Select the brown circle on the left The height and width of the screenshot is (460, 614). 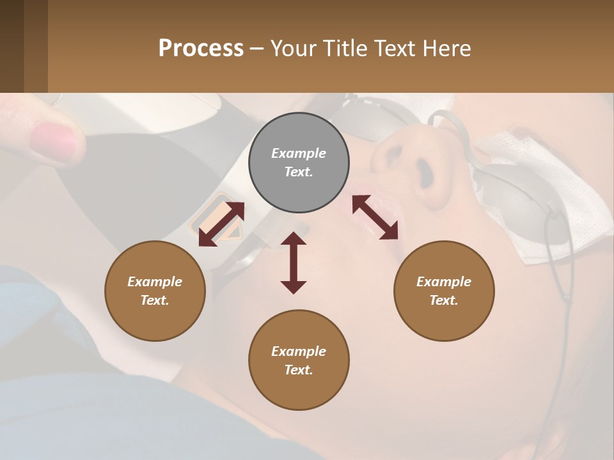click(155, 291)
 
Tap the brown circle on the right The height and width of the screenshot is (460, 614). click(444, 291)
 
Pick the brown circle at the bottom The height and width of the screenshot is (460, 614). click(299, 360)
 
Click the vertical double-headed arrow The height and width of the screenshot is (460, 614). click(294, 263)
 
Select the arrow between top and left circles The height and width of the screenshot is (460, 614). click(221, 224)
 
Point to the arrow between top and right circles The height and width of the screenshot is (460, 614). click(375, 217)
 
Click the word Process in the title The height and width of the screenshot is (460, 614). click(201, 48)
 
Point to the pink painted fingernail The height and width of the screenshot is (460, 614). click(52, 141)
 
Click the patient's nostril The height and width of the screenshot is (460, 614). click(423, 171)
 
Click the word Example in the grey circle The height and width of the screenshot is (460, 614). click(299, 153)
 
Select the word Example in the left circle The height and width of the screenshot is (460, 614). click(155, 282)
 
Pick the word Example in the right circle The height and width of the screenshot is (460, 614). click(444, 282)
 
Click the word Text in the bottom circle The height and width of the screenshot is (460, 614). click(299, 370)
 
